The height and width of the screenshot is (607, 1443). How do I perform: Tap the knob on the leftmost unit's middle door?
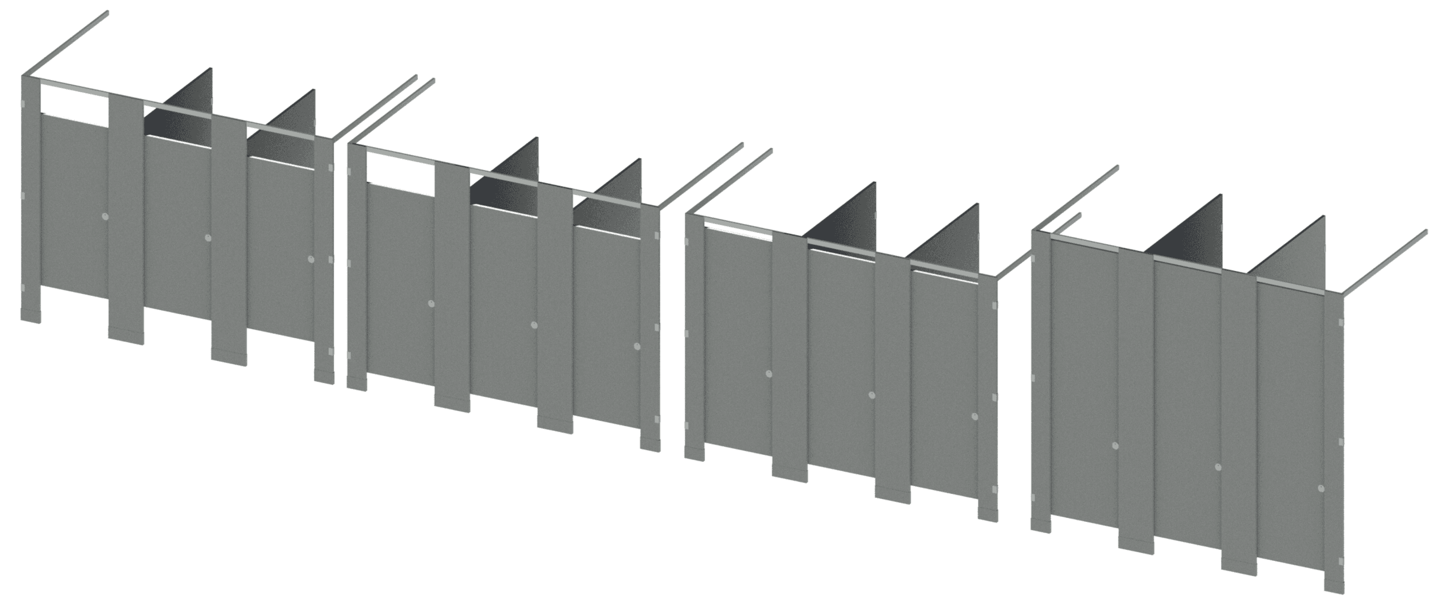208,238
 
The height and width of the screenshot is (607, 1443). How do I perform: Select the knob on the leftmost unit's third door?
311,259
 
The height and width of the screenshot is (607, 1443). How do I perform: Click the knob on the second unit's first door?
431,303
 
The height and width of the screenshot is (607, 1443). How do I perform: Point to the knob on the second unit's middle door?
534,325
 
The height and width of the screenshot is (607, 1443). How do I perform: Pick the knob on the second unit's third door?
637,346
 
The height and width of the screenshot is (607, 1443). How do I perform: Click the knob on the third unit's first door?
768,373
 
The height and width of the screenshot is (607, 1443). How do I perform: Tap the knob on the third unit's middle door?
872,396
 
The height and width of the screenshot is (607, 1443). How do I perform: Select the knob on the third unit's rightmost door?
975,417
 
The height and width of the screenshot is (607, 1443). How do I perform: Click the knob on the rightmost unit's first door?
1116,446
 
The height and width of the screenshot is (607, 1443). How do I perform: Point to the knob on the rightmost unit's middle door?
1219,467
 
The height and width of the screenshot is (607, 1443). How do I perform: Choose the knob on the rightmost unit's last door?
1322,488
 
